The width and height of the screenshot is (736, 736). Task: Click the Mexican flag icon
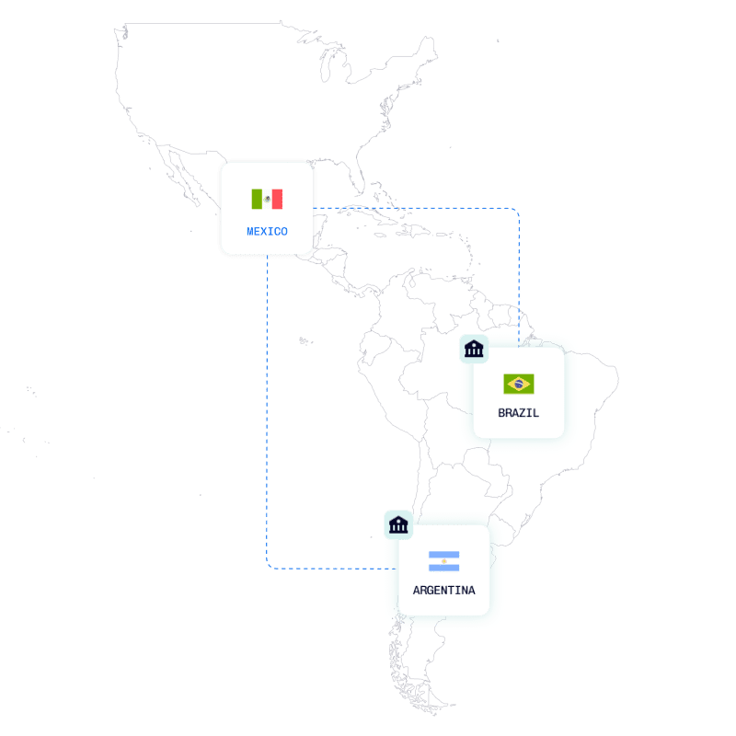point(267,199)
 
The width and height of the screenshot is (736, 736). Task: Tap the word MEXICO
point(267,232)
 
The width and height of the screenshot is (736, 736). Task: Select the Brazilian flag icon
point(519,384)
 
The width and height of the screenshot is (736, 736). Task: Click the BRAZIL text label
point(519,413)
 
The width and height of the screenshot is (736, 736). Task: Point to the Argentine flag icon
point(443,561)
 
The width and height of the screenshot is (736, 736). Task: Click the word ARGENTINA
point(443,590)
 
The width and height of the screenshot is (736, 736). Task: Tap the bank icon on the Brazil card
point(474,348)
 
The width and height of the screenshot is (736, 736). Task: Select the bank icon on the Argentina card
point(398,524)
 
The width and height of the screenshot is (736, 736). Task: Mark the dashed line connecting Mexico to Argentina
point(268,414)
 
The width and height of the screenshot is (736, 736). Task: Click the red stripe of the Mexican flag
point(277,199)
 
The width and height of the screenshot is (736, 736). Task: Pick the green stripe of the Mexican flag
point(257,199)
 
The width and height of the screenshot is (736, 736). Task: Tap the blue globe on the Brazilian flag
point(519,384)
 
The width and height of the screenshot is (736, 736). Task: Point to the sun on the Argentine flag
point(443,561)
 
